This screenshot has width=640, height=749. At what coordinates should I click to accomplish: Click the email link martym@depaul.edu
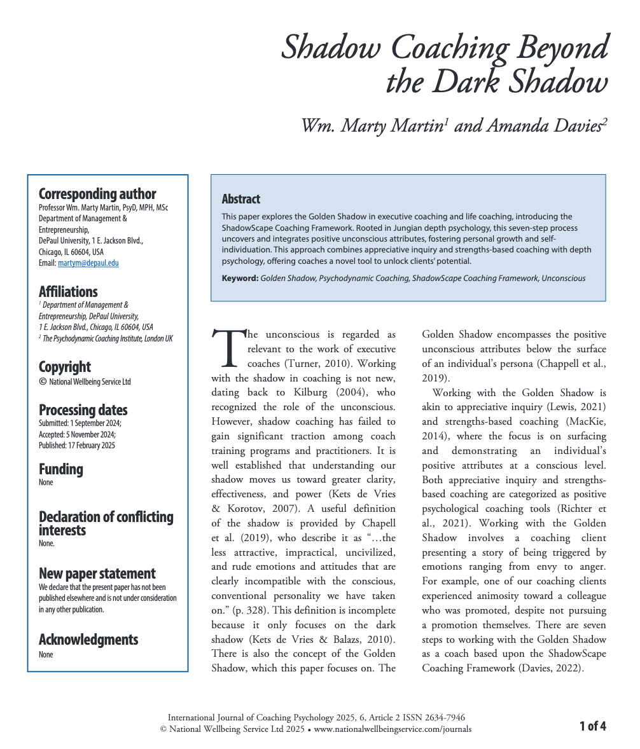point(88,263)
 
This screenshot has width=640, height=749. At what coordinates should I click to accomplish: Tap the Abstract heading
point(241,199)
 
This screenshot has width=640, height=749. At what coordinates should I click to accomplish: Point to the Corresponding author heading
point(97,194)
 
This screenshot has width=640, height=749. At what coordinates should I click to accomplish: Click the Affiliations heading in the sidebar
point(68,292)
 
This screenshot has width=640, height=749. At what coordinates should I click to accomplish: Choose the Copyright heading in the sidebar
point(65,367)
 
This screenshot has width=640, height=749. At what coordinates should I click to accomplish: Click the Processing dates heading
point(83,410)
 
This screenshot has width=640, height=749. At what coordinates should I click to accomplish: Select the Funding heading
point(61,469)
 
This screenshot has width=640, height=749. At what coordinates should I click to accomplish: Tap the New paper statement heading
point(97,574)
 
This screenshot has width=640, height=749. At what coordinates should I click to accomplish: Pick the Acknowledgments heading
point(88,640)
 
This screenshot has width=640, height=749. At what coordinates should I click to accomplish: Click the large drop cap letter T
point(228,348)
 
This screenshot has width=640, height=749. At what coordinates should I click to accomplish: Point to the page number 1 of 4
point(592,725)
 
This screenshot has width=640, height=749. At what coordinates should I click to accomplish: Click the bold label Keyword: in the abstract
point(240,278)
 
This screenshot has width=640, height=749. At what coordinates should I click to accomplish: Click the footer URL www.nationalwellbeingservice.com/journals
point(393,729)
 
